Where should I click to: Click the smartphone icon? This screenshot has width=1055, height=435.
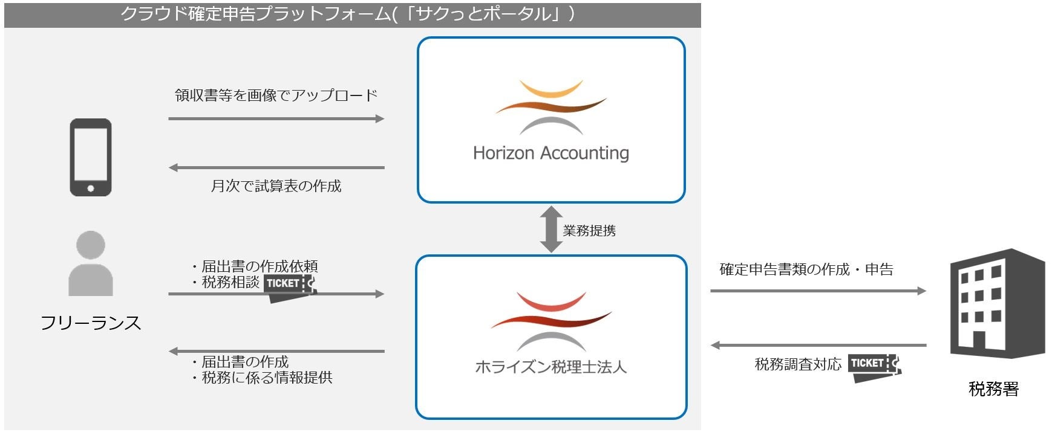91,157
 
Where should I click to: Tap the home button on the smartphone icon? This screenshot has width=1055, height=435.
91,188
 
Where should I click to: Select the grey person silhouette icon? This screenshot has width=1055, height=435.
91,263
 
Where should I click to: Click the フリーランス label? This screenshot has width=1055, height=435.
91,323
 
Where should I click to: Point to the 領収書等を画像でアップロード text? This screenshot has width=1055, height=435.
276,95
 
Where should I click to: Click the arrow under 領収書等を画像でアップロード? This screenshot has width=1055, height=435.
276,119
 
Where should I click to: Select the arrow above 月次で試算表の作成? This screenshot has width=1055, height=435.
276,167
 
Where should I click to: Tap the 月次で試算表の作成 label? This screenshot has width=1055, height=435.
276,186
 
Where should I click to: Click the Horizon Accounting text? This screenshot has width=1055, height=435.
550,153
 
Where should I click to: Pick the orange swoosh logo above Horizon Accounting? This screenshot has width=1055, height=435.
550,106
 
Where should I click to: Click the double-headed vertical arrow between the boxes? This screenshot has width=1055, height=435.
551,230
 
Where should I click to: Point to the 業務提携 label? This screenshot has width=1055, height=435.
589,231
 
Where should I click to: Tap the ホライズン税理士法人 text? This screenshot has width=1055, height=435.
550,367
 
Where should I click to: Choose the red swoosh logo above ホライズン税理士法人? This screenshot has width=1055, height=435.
550,320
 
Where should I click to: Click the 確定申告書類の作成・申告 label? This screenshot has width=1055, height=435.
806,269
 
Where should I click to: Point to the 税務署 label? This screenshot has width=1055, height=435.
993,389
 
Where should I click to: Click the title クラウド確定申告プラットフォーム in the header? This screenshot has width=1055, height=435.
254,14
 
